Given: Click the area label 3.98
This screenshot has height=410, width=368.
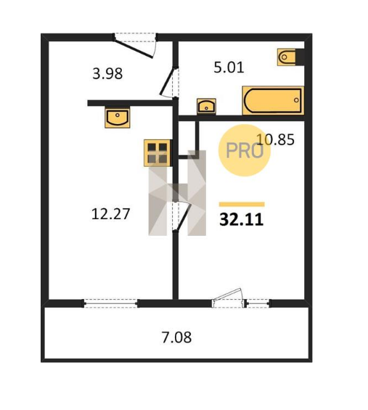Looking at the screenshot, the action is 107,73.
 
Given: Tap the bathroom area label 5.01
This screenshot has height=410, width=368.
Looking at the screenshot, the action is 229,67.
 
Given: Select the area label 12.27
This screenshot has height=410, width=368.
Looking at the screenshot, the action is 110,213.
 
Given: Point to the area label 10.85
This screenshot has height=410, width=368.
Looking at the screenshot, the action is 275,139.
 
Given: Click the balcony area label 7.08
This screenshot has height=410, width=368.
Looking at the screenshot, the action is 176,337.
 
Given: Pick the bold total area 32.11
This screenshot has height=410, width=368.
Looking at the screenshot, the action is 241,219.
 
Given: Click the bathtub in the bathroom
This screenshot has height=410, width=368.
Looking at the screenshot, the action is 273,100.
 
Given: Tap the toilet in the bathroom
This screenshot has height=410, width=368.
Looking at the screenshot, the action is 287,57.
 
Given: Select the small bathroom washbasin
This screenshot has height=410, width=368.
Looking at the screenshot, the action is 206,106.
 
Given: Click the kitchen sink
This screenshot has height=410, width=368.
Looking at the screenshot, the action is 118,117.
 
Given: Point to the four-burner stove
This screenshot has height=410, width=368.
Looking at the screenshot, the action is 158,153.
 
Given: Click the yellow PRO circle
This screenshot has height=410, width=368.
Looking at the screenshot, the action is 245,150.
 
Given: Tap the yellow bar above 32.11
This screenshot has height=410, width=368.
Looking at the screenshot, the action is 242,204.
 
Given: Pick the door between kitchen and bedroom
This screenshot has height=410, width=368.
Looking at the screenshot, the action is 183,216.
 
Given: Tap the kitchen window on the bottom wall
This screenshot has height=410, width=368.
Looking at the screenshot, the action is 110,303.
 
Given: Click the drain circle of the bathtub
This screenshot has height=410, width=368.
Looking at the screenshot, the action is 296,100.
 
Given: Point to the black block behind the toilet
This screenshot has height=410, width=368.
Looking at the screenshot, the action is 300,57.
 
